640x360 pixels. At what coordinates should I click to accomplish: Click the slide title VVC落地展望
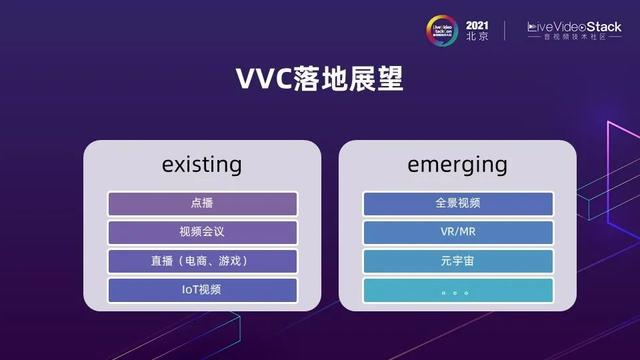[x=319, y=79]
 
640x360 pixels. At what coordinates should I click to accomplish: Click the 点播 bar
[x=201, y=204]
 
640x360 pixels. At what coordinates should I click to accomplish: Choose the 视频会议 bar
[x=201, y=233]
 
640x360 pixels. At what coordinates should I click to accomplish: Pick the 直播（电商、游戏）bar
[x=201, y=262]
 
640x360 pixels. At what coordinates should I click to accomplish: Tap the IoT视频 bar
[x=201, y=291]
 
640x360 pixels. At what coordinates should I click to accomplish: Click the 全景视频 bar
[x=458, y=204]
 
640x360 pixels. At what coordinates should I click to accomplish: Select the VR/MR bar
[x=458, y=233]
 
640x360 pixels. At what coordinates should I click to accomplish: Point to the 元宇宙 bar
[x=458, y=262]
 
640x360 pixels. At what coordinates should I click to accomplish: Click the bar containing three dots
[x=458, y=291]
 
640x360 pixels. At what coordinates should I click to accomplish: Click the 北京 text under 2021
[x=478, y=35]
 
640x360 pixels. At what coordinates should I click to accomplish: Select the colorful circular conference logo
[x=443, y=28]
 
